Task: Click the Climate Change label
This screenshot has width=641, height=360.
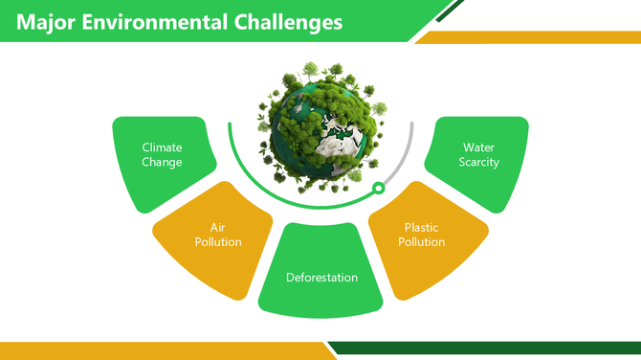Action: [162, 154]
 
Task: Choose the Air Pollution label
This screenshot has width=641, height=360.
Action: [218, 235]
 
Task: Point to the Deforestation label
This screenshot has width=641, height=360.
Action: [321, 278]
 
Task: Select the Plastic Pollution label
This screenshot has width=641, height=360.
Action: [422, 235]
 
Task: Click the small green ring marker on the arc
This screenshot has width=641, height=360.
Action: [378, 188]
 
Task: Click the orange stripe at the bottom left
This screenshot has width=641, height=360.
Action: [144, 349]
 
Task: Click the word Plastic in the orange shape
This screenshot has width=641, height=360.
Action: [422, 227]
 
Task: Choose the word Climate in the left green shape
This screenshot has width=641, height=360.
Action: [162, 147]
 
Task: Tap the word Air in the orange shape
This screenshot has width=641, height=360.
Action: [218, 227]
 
